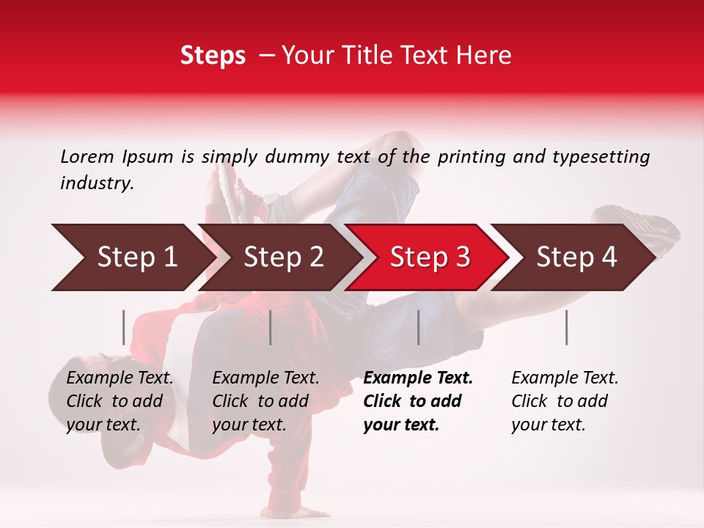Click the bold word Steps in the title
213,56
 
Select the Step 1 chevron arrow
132,257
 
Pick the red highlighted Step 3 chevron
429,257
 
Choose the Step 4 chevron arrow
576,257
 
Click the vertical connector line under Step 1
124,327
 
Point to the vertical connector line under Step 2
271,327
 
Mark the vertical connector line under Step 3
419,327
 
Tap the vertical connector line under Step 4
567,327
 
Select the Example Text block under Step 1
120,401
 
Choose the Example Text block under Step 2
265,401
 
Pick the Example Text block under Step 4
565,401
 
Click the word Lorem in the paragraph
87,156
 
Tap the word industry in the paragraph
96,183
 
